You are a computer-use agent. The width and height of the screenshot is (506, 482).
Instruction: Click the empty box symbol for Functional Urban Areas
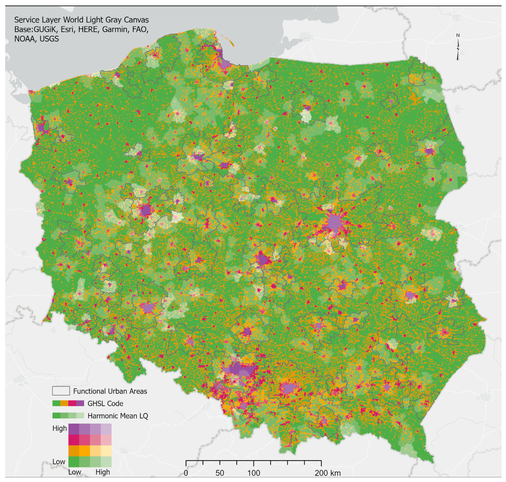[61, 391]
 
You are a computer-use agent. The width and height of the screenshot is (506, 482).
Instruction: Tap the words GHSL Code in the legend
[105, 403]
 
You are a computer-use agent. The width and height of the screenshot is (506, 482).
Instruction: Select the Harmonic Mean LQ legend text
[118, 416]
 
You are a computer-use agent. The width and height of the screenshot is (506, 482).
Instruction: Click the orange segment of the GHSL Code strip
[64, 403]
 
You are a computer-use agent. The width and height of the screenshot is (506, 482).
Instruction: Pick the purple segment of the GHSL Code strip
[80, 403]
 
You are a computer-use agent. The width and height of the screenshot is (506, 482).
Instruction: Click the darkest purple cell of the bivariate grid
[74, 429]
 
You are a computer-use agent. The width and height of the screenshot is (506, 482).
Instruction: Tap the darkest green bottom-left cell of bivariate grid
[74, 461]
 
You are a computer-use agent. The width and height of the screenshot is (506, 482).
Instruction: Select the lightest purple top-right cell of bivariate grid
[106, 429]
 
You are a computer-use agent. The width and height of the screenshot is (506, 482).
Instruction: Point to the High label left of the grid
[60, 428]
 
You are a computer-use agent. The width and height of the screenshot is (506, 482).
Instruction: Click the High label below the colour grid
[103, 472]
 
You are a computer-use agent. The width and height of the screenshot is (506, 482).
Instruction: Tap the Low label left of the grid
[59, 462]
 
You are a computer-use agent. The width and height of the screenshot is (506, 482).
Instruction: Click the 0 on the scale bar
[186, 473]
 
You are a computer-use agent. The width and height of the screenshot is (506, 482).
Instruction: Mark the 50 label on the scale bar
[220, 473]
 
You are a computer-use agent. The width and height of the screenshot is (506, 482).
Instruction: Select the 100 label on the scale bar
[254, 473]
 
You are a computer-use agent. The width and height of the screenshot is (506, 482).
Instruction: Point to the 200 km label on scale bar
[328, 473]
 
